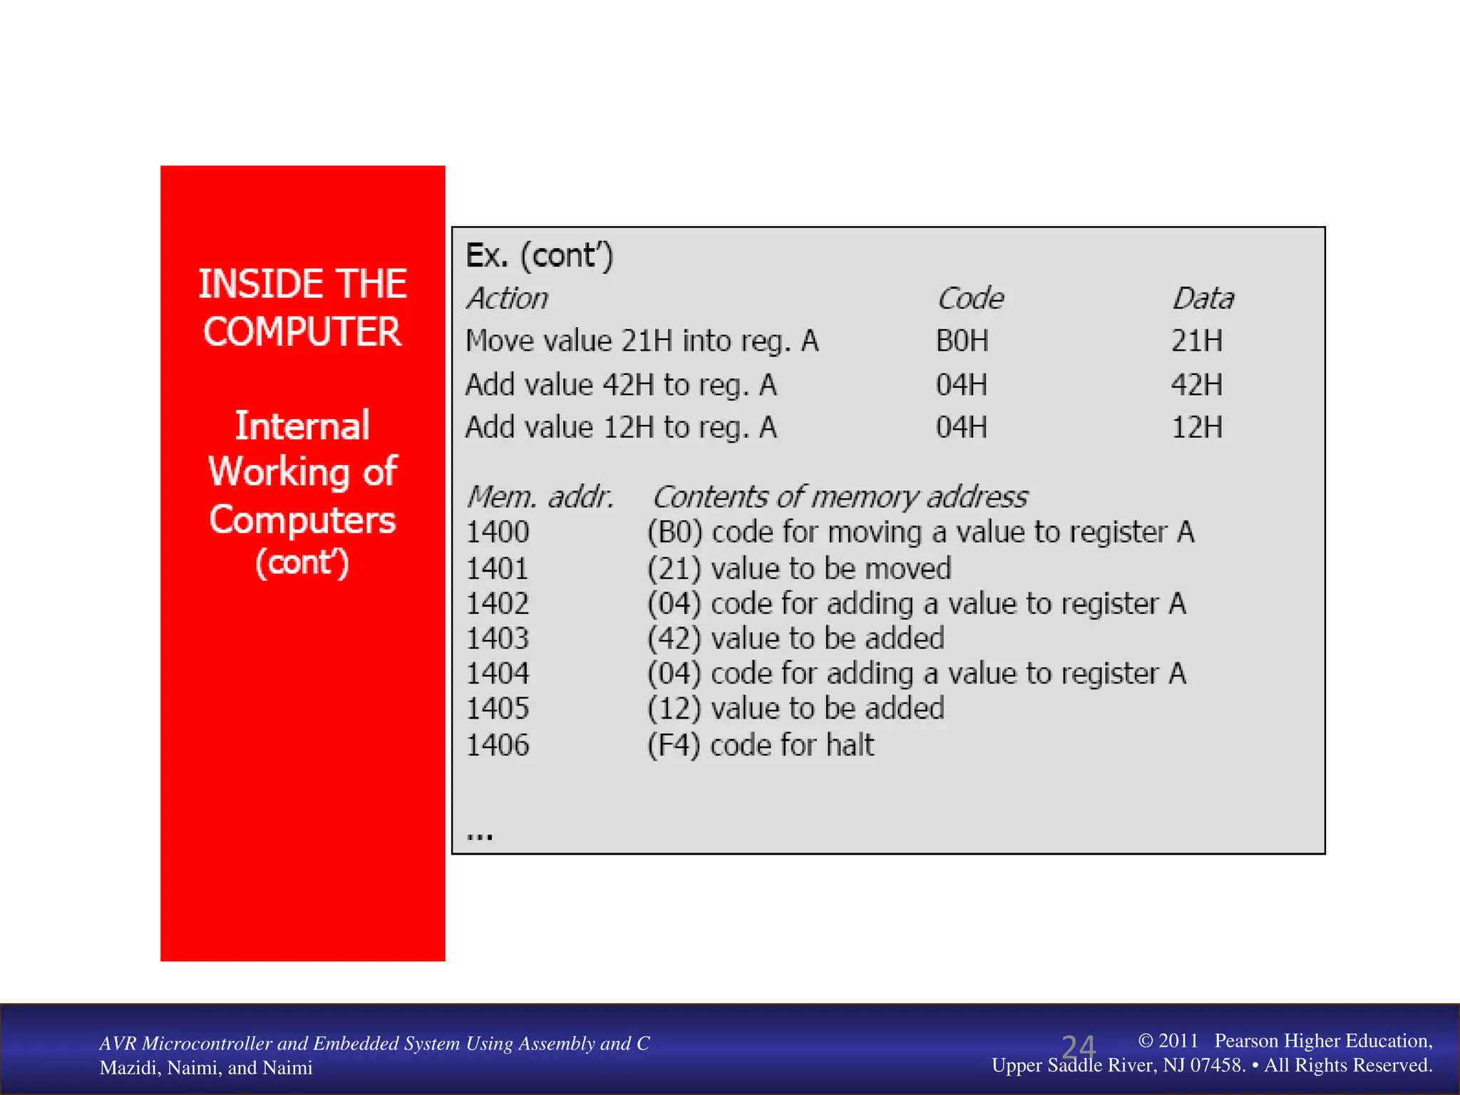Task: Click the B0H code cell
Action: pyautogui.click(x=962, y=341)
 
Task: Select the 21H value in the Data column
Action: pyautogui.click(x=1197, y=341)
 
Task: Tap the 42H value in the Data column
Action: pyautogui.click(x=1197, y=385)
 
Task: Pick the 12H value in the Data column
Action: pyautogui.click(x=1197, y=428)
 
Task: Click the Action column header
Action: pyautogui.click(x=508, y=299)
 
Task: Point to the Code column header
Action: pyautogui.click(x=970, y=299)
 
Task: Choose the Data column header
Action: pyautogui.click(x=1203, y=299)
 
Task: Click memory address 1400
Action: pyautogui.click(x=498, y=533)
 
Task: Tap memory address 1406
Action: pyautogui.click(x=498, y=746)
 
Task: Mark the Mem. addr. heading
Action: pyautogui.click(x=540, y=497)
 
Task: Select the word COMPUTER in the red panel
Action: pyautogui.click(x=302, y=332)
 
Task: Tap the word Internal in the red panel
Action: pyautogui.click(x=302, y=426)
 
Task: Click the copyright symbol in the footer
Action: pyautogui.click(x=1146, y=1041)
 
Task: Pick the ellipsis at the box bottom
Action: pyautogui.click(x=480, y=836)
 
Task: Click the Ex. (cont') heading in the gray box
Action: pyautogui.click(x=539, y=256)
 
